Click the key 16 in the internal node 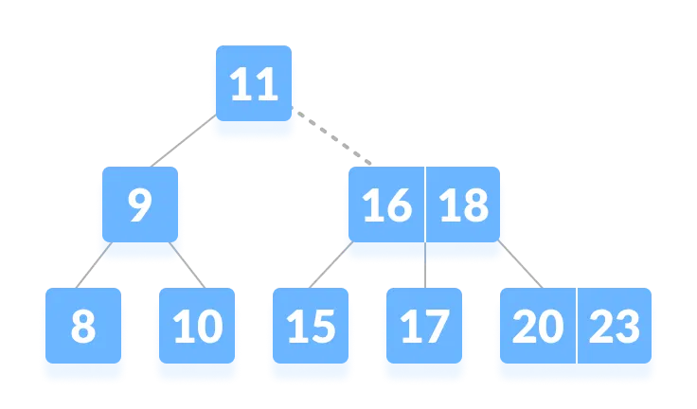pyautogui.click(x=386, y=206)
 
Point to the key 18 pyautogui.click(x=464, y=206)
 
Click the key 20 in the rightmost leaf pyautogui.click(x=537, y=328)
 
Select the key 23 pyautogui.click(x=615, y=328)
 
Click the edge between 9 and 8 pyautogui.click(x=93, y=266)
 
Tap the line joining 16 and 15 pyautogui.click(x=328, y=266)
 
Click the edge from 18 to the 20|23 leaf pyautogui.click(x=522, y=266)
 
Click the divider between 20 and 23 pyautogui.click(x=577, y=327)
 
